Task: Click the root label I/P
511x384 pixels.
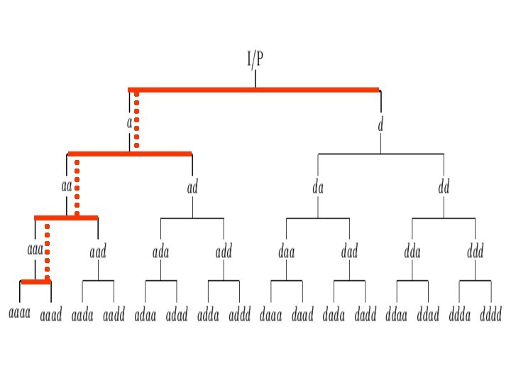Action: tap(255, 59)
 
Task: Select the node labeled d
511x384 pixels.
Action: tap(380, 124)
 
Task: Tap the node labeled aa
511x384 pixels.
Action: tap(67, 187)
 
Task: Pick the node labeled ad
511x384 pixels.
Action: tap(192, 188)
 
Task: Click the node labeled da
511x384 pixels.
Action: tap(318, 188)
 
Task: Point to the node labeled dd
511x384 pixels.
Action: tap(444, 188)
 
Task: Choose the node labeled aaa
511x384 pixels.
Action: tap(35, 250)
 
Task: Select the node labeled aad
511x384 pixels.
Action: tap(98, 251)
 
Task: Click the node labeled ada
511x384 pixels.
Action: tap(160, 251)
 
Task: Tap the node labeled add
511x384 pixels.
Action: tap(224, 251)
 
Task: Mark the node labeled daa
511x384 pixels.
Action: tap(287, 251)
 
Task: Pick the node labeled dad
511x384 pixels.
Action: tap(349, 251)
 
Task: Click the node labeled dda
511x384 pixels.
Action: tap(412, 251)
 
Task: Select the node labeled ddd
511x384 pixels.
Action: tap(475, 251)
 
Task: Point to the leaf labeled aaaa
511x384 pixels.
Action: tap(19, 314)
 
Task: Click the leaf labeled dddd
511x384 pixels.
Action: tap(491, 314)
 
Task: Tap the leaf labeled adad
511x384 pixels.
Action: tap(177, 314)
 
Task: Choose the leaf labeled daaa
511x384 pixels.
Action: tap(271, 314)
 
